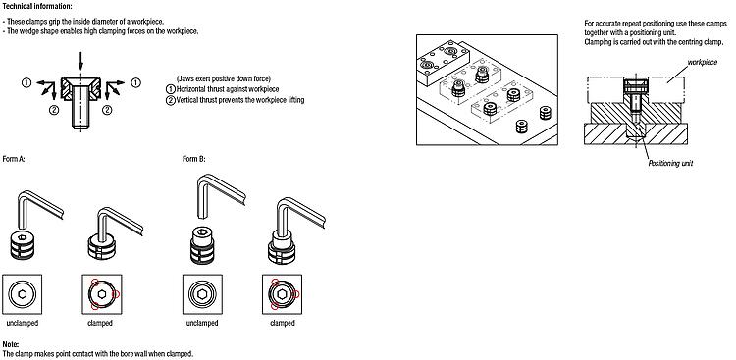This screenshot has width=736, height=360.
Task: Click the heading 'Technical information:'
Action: coord(37,6)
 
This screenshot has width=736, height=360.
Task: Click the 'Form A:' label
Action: coord(14,159)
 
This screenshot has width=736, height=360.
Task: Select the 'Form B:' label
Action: coord(194,159)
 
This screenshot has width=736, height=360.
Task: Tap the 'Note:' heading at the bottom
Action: coord(11,345)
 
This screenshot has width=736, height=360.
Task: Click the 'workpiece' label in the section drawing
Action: coord(703,62)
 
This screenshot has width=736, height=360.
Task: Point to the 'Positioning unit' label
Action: coord(670,164)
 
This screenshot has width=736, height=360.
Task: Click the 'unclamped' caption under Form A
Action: coord(22,323)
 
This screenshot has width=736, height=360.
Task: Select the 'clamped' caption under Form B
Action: coord(283,323)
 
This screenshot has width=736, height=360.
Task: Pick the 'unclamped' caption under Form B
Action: coord(202,323)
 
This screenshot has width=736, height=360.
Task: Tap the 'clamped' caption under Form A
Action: coord(100,323)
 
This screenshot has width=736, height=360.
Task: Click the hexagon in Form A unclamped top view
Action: coord(22,294)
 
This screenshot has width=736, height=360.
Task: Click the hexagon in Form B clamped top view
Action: coord(282,294)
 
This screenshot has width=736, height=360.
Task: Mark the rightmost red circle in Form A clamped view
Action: coord(117,294)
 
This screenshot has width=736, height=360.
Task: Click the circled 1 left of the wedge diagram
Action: coord(26,83)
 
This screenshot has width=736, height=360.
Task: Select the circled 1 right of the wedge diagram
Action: coord(135,83)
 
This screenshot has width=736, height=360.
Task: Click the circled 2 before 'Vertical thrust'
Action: coord(171,100)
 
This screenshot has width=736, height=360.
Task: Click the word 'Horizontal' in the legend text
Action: coord(191,89)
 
